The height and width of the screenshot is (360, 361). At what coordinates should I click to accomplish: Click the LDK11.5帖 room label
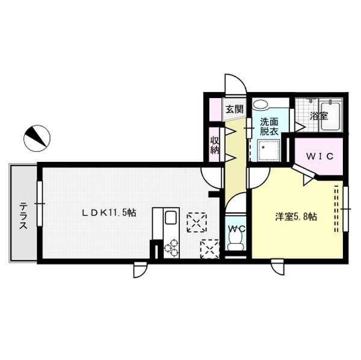(110, 213)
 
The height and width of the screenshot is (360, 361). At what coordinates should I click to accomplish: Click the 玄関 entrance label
(234, 109)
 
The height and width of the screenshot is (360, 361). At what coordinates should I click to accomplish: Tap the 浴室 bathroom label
(318, 115)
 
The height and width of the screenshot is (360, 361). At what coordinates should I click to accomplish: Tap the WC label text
(236, 228)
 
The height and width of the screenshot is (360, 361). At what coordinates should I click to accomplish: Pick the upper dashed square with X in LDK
(196, 222)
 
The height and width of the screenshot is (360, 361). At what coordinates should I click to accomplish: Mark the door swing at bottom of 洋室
(279, 268)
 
